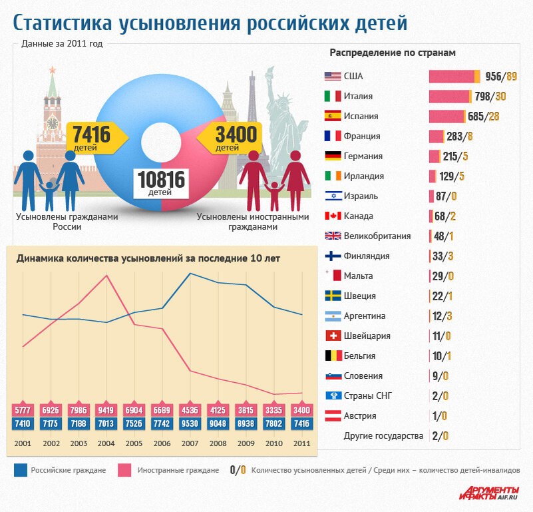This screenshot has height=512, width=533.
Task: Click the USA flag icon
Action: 332,76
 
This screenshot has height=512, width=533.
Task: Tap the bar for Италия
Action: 449,96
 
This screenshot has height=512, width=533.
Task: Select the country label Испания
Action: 361,116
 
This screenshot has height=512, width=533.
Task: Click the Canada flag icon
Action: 332,216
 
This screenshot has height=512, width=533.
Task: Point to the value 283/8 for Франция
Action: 460,136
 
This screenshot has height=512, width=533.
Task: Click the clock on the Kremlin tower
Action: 52,123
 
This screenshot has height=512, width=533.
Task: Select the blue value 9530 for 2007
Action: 190,424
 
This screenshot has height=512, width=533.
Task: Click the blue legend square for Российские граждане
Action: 20,470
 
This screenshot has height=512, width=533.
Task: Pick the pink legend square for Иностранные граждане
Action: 124,470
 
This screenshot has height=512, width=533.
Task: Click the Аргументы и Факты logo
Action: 488,492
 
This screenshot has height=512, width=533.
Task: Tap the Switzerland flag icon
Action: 332,336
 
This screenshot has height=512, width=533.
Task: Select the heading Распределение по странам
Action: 392,52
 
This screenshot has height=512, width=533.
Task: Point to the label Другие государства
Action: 383,436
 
